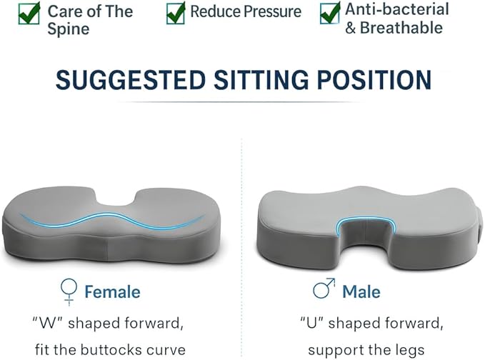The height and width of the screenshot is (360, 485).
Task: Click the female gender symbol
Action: [x=69, y=291]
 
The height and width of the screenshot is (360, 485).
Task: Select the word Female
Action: [x=112, y=291]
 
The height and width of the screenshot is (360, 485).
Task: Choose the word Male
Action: [x=361, y=291]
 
